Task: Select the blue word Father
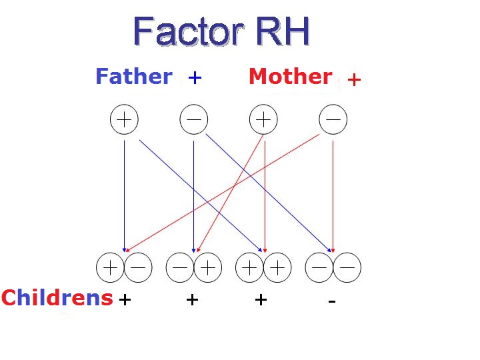coord(133,77)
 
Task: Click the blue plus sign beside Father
coord(195,78)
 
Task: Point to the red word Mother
coord(290,77)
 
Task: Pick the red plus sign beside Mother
coord(354,80)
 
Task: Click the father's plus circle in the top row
coord(124,120)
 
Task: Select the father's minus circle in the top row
coord(194,120)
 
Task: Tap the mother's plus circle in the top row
coord(263,120)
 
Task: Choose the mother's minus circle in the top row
coord(333,120)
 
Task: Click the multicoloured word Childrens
coord(57,298)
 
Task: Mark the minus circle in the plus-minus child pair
coord(138,268)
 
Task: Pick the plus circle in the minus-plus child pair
coord(207,268)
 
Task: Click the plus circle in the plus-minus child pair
coord(111,268)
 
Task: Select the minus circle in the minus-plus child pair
coord(180,268)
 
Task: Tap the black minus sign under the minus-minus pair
coord(331,301)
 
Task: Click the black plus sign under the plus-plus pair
coord(261,300)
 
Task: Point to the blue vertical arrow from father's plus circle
coord(124,193)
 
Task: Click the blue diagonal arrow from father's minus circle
coord(267,193)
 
